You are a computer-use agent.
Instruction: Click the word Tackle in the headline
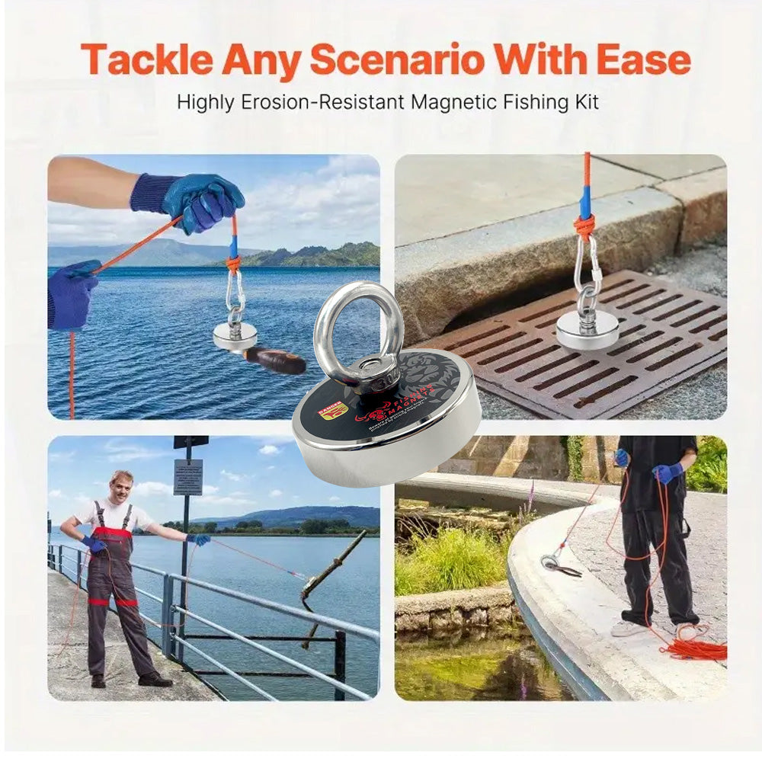145,60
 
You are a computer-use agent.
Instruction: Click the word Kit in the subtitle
585,101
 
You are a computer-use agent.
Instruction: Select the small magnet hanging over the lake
235,336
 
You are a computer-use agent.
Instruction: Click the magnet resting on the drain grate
587,330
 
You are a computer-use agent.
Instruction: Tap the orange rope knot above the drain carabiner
584,226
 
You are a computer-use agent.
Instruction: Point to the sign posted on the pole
187,476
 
